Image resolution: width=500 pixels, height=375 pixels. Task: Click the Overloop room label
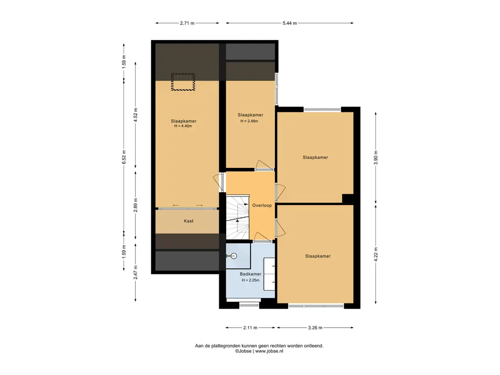point(262,206)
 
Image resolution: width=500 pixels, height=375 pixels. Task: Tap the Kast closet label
point(188,221)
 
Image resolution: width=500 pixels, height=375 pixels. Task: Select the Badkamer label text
point(250,274)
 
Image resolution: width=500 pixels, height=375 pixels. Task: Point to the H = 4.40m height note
point(183,126)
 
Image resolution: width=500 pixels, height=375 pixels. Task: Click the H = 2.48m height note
point(250,121)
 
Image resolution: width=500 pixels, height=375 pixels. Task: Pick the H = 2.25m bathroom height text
point(250,280)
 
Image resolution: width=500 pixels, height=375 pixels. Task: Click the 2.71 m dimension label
point(187,23)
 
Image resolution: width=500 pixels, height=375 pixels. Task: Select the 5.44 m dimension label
point(290,23)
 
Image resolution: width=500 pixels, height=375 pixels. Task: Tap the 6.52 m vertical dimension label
point(124,157)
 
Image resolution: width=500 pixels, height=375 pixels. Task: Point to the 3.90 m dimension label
point(376,158)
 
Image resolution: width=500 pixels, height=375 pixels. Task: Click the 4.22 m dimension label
point(376,254)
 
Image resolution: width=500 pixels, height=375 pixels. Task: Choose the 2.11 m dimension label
point(250,328)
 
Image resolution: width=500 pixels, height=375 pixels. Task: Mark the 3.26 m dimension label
point(315,328)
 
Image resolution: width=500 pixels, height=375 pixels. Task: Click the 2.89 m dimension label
point(136,206)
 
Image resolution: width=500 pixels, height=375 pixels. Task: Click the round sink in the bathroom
point(234,256)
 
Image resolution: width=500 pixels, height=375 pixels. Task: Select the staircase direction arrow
point(238,220)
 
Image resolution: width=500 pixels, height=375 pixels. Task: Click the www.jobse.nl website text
point(269,351)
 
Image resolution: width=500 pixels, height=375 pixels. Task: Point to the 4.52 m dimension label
point(136,115)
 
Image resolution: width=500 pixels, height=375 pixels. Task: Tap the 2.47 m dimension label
point(136,272)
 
